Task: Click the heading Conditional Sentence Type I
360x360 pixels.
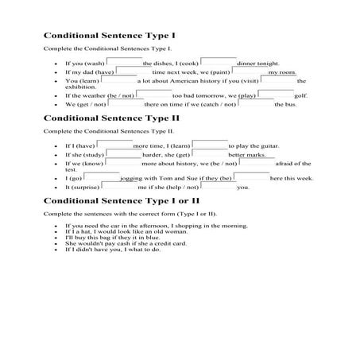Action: tap(109, 37)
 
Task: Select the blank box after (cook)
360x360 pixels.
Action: tap(218, 61)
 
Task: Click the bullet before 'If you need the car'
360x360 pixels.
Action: tap(49, 226)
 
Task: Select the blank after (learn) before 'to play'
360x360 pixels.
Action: tap(210, 145)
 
